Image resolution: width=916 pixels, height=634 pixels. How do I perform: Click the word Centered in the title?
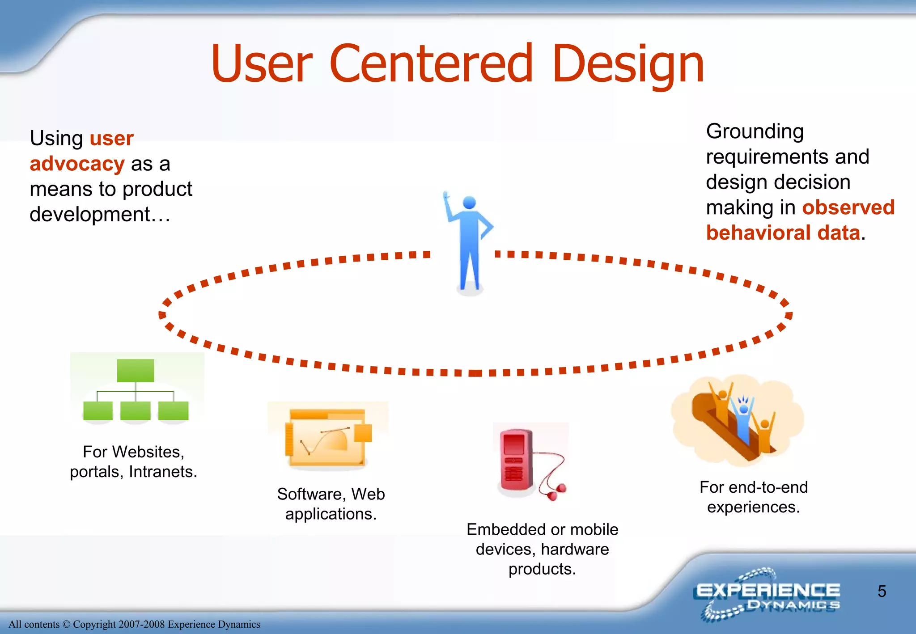tap(431, 63)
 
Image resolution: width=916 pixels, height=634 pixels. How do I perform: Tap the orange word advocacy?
tap(77, 164)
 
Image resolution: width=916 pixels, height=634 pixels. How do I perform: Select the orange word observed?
tap(848, 207)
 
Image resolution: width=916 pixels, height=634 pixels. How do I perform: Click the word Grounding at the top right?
tap(755, 131)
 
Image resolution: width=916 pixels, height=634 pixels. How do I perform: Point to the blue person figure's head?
tap(469, 203)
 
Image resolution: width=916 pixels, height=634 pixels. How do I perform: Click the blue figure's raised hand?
tap(445, 196)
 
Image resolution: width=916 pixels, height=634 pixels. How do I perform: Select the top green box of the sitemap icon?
tap(136, 370)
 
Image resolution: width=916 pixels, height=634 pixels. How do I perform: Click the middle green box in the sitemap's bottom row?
tap(136, 410)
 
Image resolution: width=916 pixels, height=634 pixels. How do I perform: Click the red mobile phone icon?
tap(516, 461)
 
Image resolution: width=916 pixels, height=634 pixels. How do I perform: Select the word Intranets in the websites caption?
tap(162, 472)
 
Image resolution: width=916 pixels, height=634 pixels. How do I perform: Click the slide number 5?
tap(882, 591)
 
